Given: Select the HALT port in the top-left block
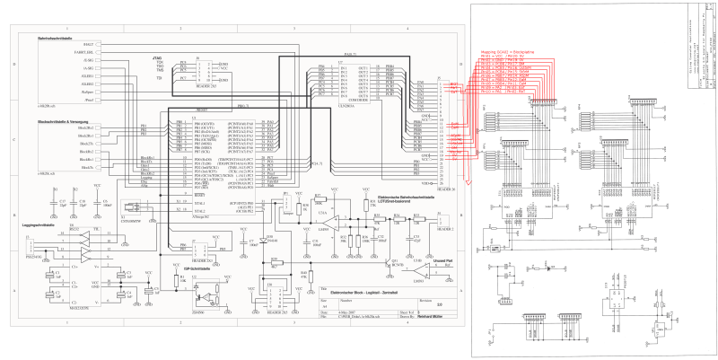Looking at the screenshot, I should [90, 44].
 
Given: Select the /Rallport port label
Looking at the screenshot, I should [88, 93].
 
